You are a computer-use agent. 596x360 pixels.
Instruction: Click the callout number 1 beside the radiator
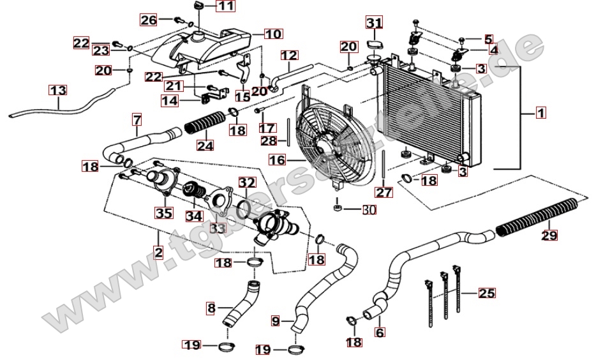(x=540, y=114)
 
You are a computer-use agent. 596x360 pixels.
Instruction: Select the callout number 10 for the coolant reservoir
(x=272, y=33)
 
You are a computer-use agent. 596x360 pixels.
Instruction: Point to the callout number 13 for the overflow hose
(x=58, y=91)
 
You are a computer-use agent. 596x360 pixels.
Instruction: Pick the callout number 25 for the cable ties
(x=486, y=294)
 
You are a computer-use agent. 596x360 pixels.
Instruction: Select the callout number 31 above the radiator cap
(x=374, y=24)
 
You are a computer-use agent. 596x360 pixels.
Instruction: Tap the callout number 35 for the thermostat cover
(x=164, y=213)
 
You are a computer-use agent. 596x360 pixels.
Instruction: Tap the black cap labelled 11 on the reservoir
(x=197, y=6)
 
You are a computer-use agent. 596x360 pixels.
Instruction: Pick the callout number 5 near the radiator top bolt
(x=488, y=39)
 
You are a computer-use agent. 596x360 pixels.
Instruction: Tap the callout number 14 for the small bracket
(x=170, y=100)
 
